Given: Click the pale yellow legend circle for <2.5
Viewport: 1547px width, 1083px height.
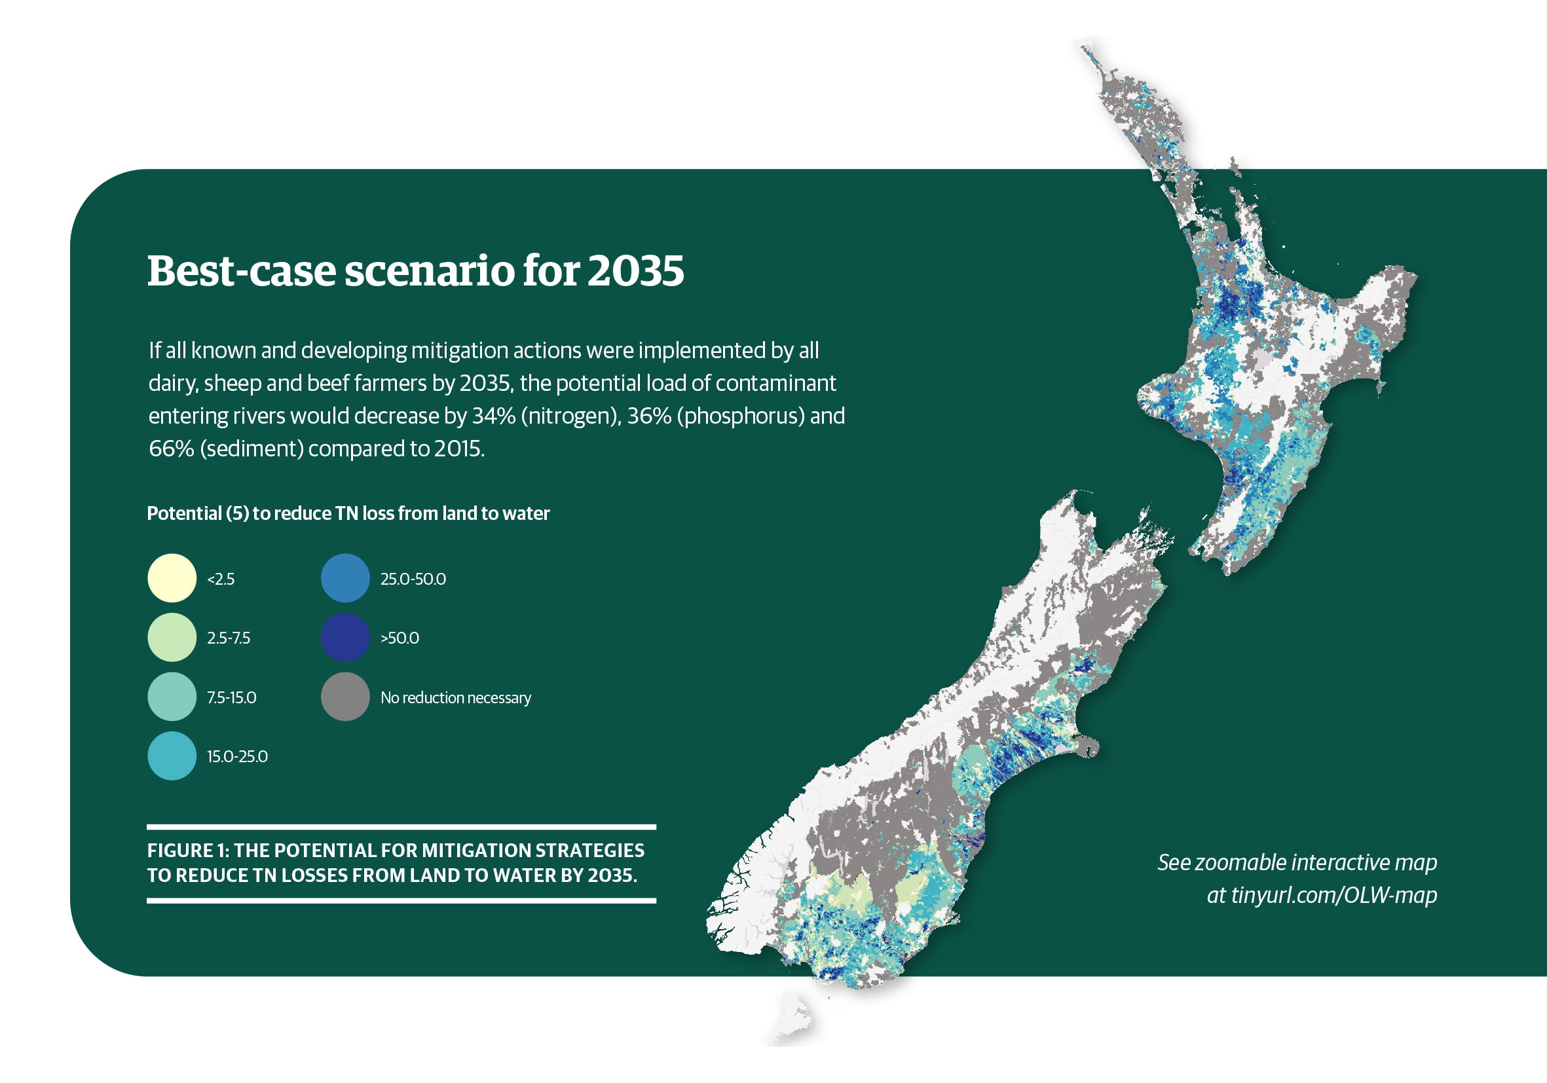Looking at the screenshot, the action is click(x=172, y=578).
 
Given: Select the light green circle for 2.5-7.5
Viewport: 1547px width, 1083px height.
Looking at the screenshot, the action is click(x=172, y=637).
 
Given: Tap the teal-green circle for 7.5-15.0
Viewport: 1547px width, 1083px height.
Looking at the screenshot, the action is click(x=172, y=697).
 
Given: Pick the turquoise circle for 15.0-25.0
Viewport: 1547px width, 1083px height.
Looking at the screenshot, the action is click(x=172, y=756).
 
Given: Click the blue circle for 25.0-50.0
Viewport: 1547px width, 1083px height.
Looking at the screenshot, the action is click(x=346, y=578).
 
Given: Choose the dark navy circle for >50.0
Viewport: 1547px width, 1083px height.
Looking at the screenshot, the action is click(x=346, y=637).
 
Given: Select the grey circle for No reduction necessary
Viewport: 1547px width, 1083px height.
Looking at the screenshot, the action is click(x=346, y=697).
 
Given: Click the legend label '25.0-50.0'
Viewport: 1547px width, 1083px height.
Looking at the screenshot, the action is click(x=413, y=579).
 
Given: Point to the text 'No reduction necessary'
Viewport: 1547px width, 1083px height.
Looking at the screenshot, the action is click(x=455, y=698).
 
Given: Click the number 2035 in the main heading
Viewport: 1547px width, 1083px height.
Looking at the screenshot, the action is click(x=635, y=271).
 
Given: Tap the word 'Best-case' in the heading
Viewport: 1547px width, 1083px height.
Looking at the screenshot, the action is click(x=242, y=271).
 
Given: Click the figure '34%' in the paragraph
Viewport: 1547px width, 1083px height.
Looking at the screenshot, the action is click(x=494, y=416).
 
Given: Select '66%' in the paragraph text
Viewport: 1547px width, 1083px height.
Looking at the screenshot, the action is click(x=171, y=449).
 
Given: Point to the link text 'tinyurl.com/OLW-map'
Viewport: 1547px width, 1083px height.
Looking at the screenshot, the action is click(x=1334, y=895).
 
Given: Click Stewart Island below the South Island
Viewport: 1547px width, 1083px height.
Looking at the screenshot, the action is click(x=791, y=1017).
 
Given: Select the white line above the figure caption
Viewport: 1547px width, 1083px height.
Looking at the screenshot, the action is click(x=401, y=827).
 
